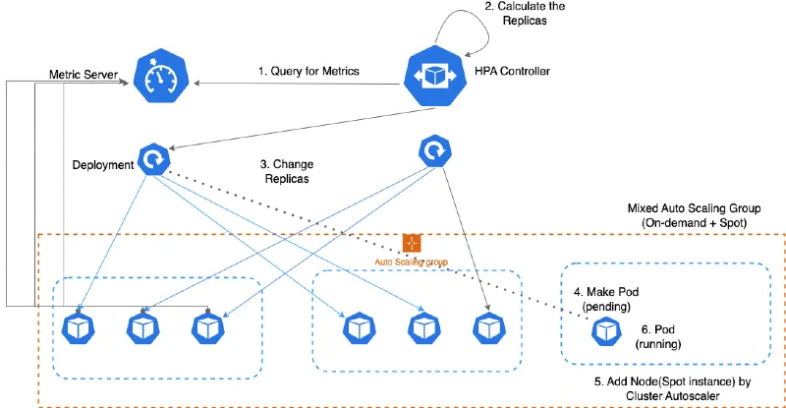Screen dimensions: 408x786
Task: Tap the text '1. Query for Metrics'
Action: point(307,71)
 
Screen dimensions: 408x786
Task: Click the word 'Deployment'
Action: point(102,164)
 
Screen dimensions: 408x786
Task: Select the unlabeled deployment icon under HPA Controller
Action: point(434,150)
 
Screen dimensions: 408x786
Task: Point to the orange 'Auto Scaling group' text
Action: point(412,262)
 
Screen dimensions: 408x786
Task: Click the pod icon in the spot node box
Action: point(604,332)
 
